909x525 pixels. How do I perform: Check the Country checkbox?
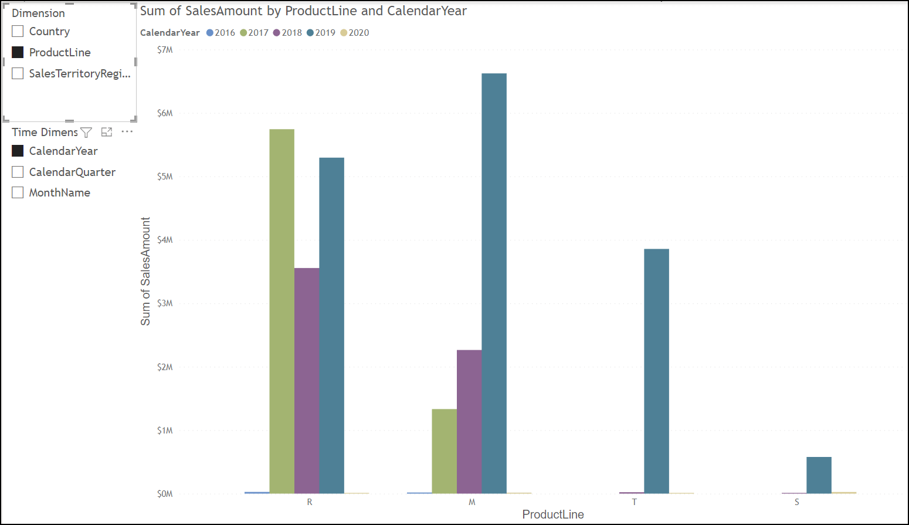coord(18,31)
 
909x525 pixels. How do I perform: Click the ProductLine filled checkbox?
coord(18,52)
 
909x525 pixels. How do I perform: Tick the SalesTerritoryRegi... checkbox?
coord(18,73)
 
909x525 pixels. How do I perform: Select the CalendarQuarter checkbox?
coord(18,172)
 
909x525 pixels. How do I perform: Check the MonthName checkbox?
coord(18,192)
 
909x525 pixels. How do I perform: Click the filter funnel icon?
coord(86,133)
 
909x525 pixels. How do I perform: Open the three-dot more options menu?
coord(127,132)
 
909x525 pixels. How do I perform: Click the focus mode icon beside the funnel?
coord(107,133)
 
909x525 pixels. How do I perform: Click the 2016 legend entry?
coord(221,33)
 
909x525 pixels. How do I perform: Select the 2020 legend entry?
coord(355,33)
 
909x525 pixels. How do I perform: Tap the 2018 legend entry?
coord(287,33)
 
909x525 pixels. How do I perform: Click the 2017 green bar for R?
coord(282,311)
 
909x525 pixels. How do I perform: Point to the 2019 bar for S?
coord(819,475)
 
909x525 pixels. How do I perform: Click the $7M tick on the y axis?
coord(165,50)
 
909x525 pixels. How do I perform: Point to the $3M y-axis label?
coord(165,303)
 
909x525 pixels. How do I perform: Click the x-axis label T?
coord(635,502)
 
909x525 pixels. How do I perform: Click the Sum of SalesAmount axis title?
coord(145,271)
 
